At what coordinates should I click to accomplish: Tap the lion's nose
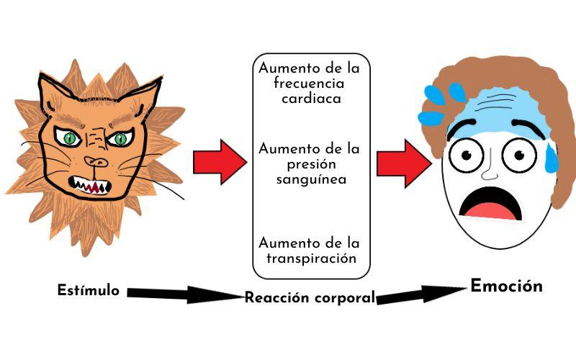tap(94, 161)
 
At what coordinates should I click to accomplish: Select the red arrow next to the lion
tap(219, 162)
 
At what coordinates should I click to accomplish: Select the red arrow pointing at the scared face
tap(402, 163)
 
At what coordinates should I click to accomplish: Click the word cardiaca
tap(311, 99)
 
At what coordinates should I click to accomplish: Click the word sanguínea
tap(312, 179)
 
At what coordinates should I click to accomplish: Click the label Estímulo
tap(89, 291)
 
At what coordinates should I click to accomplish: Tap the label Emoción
tap(506, 286)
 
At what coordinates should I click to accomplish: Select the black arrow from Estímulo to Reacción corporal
tap(184, 294)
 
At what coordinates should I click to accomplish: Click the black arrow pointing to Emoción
tap(420, 294)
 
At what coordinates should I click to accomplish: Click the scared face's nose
tap(489, 171)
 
